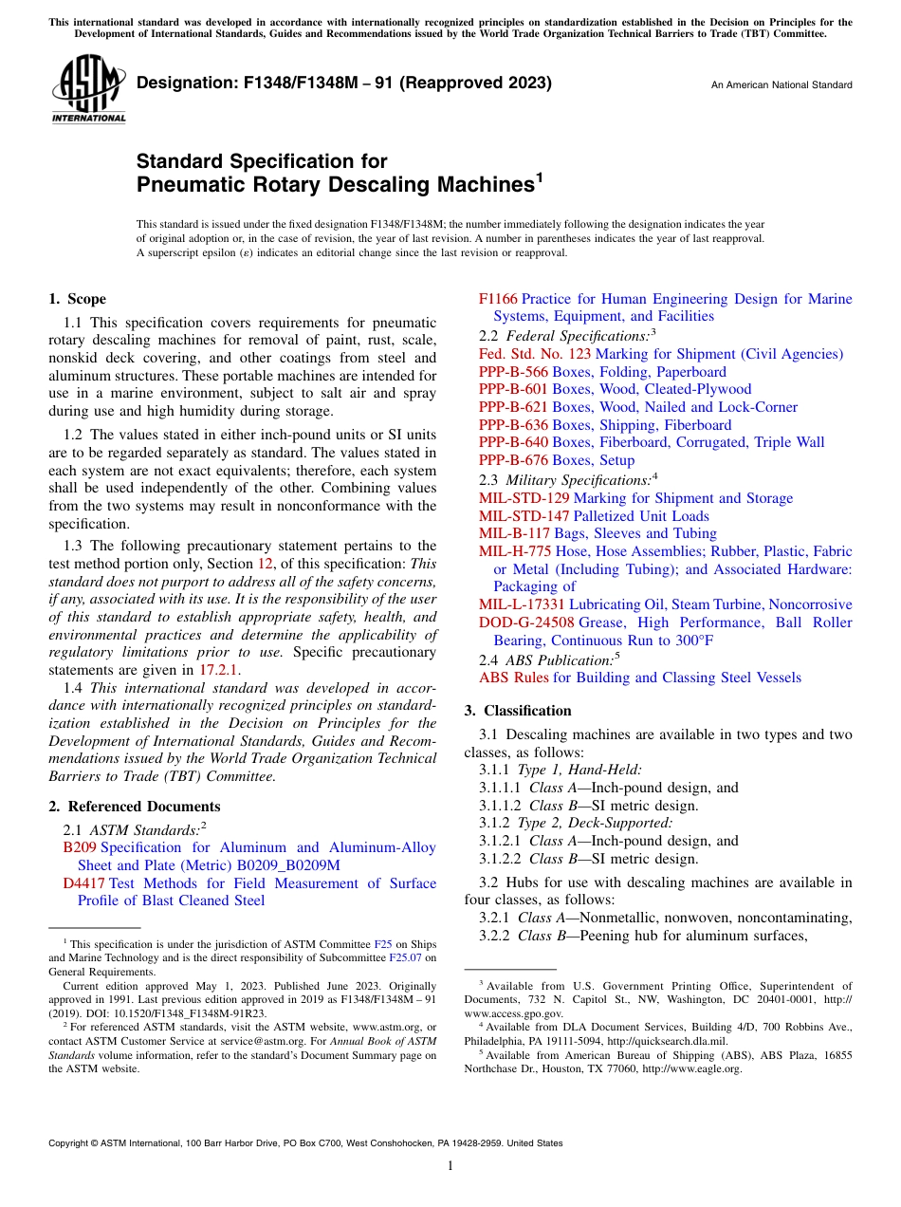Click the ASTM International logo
[87, 89]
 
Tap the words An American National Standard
[781, 85]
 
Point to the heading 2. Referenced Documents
[134, 807]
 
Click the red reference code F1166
[498, 299]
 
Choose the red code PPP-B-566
[513, 372]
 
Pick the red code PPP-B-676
[513, 460]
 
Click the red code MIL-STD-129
[524, 498]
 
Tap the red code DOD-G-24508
[526, 622]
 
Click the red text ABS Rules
[514, 678]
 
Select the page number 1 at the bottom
[450, 1166]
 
